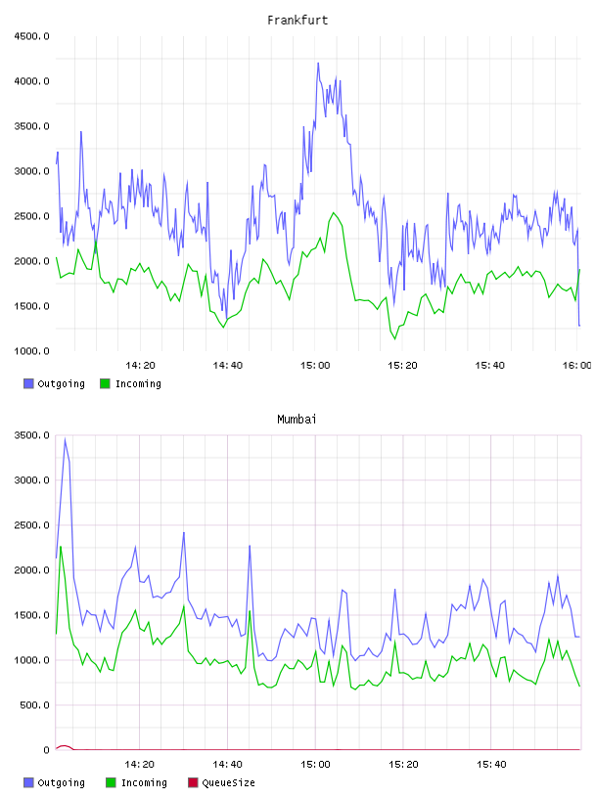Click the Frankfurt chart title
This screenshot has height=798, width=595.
(297, 21)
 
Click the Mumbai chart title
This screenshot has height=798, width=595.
(297, 420)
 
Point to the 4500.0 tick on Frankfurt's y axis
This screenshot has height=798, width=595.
(31, 36)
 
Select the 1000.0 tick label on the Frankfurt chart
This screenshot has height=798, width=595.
(31, 351)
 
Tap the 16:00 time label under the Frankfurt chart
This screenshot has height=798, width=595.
(576, 366)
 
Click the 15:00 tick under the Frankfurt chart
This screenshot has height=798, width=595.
(315, 366)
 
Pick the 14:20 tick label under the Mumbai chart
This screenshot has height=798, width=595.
(140, 765)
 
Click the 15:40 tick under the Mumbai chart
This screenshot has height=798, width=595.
(491, 765)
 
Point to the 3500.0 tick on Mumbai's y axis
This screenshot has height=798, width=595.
(31, 435)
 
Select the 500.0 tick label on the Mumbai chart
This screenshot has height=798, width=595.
(34, 705)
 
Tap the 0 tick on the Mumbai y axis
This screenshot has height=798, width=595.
(46, 750)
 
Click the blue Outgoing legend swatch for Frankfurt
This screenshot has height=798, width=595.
(28, 383)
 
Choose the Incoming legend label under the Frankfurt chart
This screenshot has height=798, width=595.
(138, 384)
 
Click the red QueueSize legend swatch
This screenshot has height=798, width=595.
(193, 782)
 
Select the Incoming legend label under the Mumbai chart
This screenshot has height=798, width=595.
(144, 783)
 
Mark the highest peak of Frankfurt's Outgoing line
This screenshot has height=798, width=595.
(318, 64)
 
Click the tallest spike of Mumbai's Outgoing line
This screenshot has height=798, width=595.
(65, 439)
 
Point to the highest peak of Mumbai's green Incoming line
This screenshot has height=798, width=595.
(61, 547)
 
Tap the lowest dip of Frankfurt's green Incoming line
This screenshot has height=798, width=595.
(394, 339)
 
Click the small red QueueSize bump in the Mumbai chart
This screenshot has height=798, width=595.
(65, 746)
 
